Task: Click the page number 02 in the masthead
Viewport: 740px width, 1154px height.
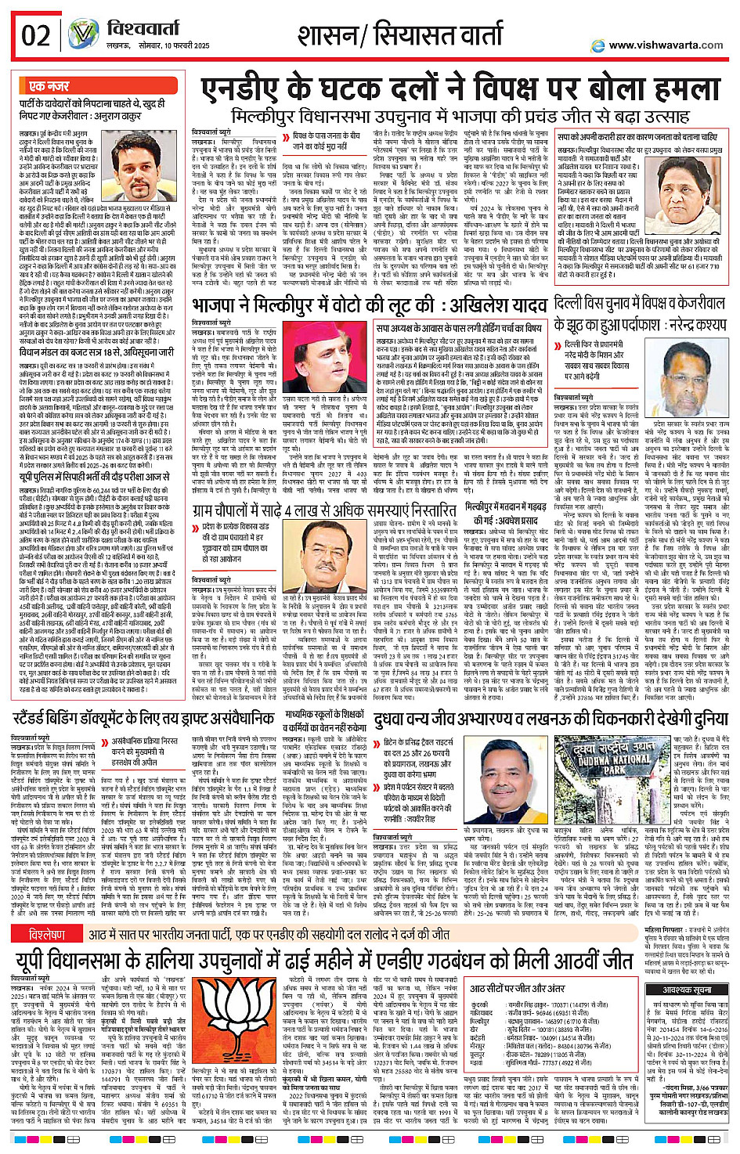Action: pyautogui.click(x=36, y=36)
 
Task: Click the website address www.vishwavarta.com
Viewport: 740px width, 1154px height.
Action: pyautogui.click(x=666, y=45)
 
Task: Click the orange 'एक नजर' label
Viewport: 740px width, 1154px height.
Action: pyautogui.click(x=49, y=86)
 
